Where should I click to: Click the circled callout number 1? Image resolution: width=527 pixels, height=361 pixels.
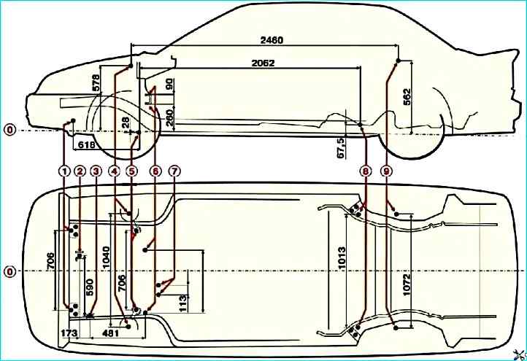tap(64, 171)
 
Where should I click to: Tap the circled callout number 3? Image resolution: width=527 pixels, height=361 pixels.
tap(96, 171)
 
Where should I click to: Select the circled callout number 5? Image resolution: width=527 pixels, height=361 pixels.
tap(131, 171)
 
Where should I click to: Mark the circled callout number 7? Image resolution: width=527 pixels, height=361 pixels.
tap(174, 171)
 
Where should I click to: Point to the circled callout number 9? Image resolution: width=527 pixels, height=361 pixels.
tap(387, 171)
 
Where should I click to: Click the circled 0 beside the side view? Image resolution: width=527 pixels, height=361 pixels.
tap(9, 130)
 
